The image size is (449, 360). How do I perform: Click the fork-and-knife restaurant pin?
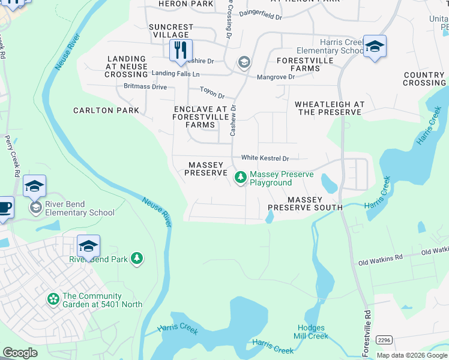pos(181,50)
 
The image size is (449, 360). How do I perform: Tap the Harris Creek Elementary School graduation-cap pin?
pos(375,47)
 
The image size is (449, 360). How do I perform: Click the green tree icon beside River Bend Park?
pos(137,258)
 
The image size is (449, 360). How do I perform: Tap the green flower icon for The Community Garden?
pos(53,298)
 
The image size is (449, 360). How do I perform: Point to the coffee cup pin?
pos(4,208)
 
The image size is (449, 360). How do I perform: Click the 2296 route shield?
pos(385,340)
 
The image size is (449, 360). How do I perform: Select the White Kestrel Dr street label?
pos(265,158)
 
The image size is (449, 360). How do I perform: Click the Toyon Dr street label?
pos(212,95)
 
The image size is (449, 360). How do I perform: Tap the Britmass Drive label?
pos(145,87)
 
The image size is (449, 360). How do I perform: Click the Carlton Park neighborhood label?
pos(106,110)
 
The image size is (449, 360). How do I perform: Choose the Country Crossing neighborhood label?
pos(424,79)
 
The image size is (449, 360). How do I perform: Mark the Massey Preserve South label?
pos(304,203)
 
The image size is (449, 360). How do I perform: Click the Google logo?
pos(20,352)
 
